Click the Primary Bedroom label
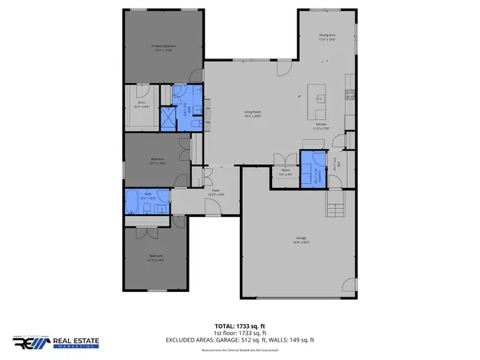(164, 47)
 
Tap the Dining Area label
(326, 37)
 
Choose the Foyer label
(215, 191)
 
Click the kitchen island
(320, 98)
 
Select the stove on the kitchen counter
(350, 94)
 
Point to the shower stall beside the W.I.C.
(170, 119)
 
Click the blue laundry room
(312, 174)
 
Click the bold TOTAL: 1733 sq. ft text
(240, 326)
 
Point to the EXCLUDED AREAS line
(240, 340)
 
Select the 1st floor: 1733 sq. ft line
(240, 333)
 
